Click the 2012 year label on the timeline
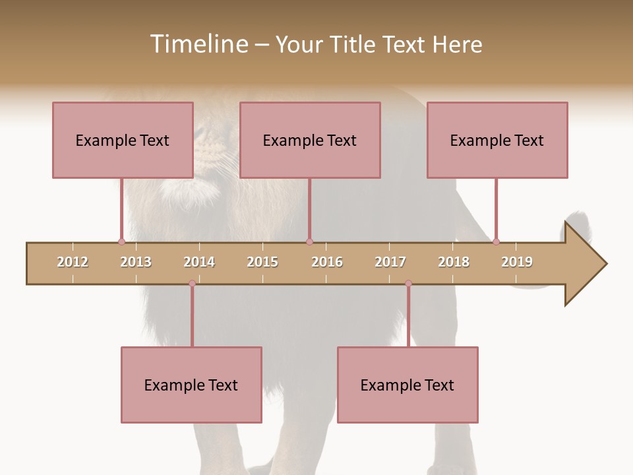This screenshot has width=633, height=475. click(73, 262)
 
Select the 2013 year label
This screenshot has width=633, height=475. click(136, 262)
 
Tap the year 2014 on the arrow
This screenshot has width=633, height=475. click(199, 262)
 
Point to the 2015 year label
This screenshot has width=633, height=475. click(262, 262)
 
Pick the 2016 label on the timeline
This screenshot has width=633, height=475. click(327, 262)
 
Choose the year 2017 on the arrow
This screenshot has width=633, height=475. click(390, 262)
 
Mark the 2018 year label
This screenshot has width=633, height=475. click(454, 262)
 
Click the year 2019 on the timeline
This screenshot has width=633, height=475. click(517, 262)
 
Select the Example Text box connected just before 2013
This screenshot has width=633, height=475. click(123, 140)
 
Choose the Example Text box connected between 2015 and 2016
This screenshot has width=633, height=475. click(310, 140)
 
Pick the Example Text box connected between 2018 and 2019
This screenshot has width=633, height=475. click(497, 140)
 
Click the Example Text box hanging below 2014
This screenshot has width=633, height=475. click(191, 385)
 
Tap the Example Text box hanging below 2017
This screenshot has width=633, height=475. click(407, 385)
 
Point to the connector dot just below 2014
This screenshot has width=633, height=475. click(192, 283)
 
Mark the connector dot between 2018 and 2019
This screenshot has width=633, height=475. click(496, 241)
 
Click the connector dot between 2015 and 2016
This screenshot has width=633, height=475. click(309, 241)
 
